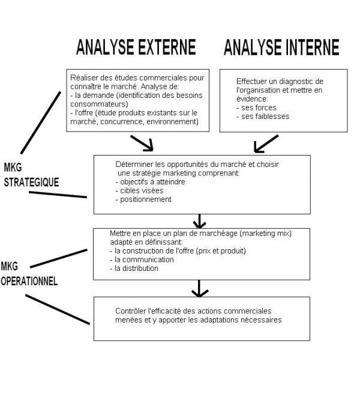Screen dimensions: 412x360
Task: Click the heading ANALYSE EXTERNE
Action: (136, 47)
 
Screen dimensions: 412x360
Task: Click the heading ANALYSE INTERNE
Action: (281, 47)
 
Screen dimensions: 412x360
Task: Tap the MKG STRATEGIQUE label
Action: (30, 174)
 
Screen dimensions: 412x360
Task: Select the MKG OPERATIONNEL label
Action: (28, 273)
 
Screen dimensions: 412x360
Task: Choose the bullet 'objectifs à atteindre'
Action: (150, 182)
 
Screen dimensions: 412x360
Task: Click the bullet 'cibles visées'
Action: (139, 190)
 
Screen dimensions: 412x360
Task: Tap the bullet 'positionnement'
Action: (144, 199)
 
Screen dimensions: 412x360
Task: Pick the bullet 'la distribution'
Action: (136, 268)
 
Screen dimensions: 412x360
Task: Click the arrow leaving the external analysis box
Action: (143, 143)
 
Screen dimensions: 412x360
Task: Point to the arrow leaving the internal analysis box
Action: (265, 143)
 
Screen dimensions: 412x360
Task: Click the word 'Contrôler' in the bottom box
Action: (130, 311)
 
